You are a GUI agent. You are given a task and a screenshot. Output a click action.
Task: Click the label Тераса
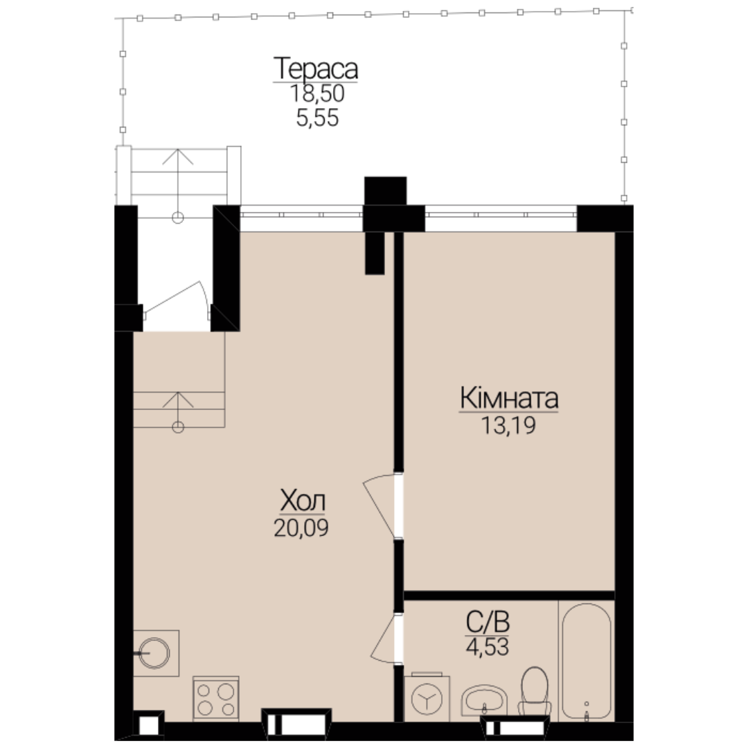click(x=315, y=69)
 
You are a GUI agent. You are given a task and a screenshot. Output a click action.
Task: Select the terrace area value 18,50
click(x=317, y=93)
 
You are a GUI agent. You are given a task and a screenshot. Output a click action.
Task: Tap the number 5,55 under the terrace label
click(x=317, y=118)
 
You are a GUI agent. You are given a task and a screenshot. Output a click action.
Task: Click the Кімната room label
click(x=509, y=398)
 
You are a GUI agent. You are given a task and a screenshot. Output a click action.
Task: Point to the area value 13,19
click(x=508, y=425)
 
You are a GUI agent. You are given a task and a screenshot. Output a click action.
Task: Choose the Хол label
click(x=303, y=501)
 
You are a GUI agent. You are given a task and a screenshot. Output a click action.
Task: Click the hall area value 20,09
click(x=301, y=528)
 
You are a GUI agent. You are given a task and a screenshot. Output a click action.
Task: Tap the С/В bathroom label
click(x=488, y=622)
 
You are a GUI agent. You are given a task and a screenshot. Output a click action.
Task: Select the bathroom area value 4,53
click(x=488, y=647)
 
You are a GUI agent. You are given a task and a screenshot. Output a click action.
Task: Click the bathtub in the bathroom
click(x=587, y=661)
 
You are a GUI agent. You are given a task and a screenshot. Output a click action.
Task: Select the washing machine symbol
click(x=427, y=697)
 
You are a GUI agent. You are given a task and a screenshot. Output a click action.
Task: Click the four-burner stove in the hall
click(x=216, y=698)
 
